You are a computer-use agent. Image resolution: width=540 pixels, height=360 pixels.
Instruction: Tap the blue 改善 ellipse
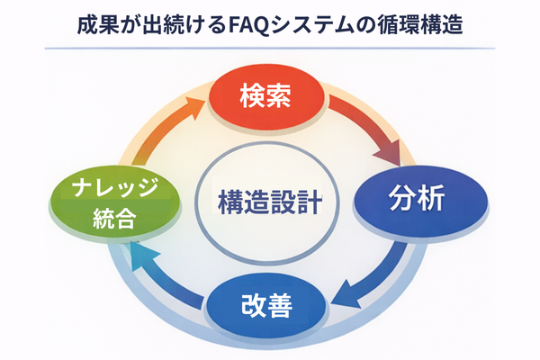[x=265, y=306]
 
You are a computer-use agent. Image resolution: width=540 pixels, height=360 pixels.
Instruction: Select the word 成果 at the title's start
[x=92, y=22]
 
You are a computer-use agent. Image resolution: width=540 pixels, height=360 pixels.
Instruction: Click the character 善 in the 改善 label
[x=280, y=306]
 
